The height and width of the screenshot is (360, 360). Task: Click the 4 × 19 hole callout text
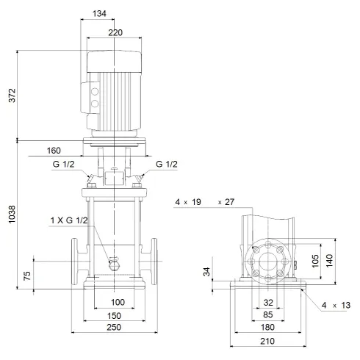(188, 201)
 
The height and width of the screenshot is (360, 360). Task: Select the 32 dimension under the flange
(267, 302)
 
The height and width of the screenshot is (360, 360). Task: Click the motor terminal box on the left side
(94, 104)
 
